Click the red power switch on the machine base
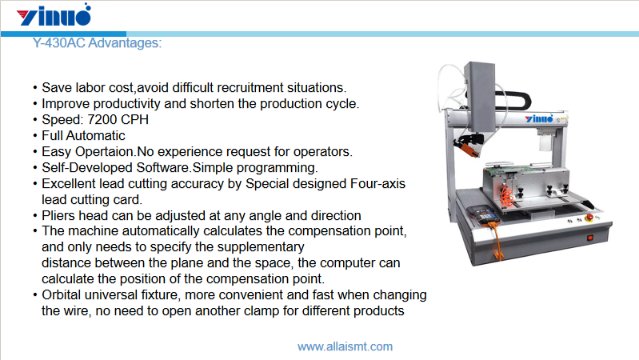[x=590, y=237]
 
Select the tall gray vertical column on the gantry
[x=484, y=100]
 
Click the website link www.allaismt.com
[x=345, y=346]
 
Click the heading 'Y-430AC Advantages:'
[x=97, y=43]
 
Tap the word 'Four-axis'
[x=377, y=184]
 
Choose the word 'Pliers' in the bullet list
[x=60, y=215]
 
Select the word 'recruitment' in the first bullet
[x=246, y=88]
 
